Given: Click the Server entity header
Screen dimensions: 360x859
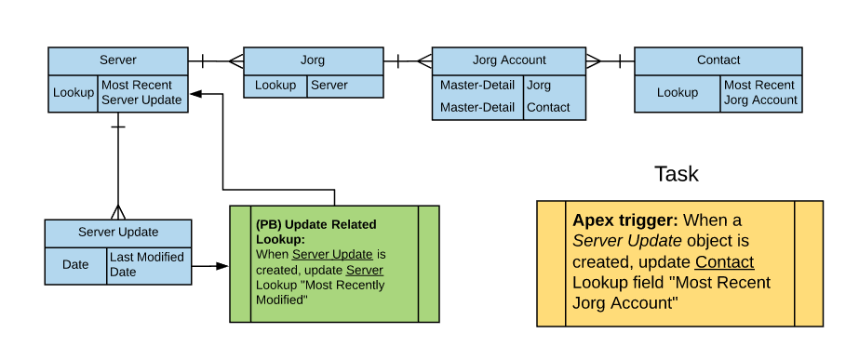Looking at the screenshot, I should [x=117, y=60].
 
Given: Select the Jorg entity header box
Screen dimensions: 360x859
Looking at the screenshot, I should [x=313, y=60].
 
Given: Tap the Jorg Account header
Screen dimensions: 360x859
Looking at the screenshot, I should [x=509, y=60].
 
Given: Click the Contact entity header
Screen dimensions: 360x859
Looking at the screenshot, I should [x=718, y=60].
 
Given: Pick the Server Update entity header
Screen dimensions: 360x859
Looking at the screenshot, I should [x=117, y=232].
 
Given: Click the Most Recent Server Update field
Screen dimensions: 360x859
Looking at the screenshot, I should [x=141, y=93].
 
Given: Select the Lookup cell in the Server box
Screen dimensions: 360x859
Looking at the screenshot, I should [x=73, y=93].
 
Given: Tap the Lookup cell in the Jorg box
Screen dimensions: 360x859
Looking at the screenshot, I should [x=275, y=86].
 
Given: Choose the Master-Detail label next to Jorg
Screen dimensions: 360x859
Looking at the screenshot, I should [x=476, y=86].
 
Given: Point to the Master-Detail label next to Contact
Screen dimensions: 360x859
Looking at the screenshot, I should [x=476, y=108].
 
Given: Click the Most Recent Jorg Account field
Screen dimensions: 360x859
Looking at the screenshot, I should [x=760, y=93].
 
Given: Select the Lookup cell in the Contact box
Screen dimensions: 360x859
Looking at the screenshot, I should [x=677, y=93].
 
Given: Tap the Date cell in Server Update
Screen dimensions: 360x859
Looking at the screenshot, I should [x=75, y=265].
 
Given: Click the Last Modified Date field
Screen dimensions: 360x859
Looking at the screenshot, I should [x=147, y=265].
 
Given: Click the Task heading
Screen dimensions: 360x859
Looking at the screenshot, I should [x=676, y=174].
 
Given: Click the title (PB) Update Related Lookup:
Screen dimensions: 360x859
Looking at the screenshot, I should [x=315, y=232].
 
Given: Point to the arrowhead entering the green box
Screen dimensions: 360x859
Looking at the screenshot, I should [x=222, y=266].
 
